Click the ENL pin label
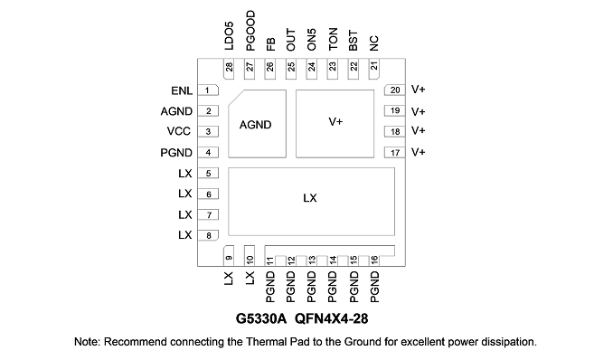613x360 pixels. click(x=182, y=90)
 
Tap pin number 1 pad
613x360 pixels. click(x=208, y=90)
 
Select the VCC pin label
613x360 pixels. click(x=179, y=131)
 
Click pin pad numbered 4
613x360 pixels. click(x=208, y=153)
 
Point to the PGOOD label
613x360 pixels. click(x=250, y=31)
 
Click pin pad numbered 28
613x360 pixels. click(x=229, y=69)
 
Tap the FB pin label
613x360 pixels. click(x=270, y=43)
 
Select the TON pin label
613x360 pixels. click(x=333, y=39)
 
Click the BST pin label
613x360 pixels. click(x=353, y=41)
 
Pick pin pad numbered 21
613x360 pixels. click(x=374, y=69)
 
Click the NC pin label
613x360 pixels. click(x=374, y=43)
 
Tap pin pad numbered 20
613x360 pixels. click(x=395, y=90)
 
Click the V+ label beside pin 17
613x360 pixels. click(x=418, y=152)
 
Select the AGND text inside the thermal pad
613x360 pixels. click(x=255, y=125)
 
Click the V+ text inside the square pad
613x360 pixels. click(x=335, y=122)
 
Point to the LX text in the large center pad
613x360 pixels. click(x=310, y=198)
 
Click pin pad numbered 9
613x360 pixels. click(x=229, y=256)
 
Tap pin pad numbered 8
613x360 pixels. click(x=208, y=235)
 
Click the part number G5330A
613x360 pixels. click(x=261, y=318)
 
